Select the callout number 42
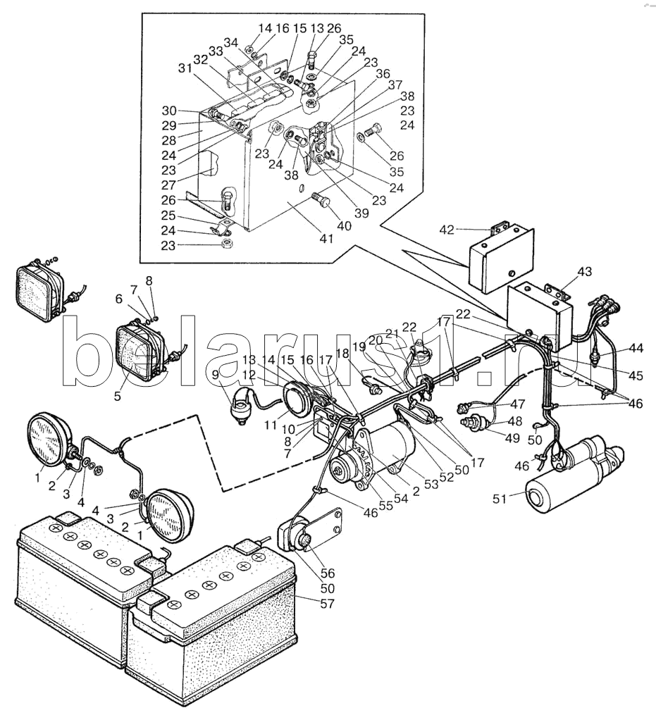click(x=447, y=229)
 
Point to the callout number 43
click(x=585, y=272)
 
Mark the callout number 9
click(x=216, y=375)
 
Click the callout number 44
click(x=637, y=347)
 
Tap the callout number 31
click(x=185, y=68)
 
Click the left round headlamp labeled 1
click(x=49, y=440)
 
